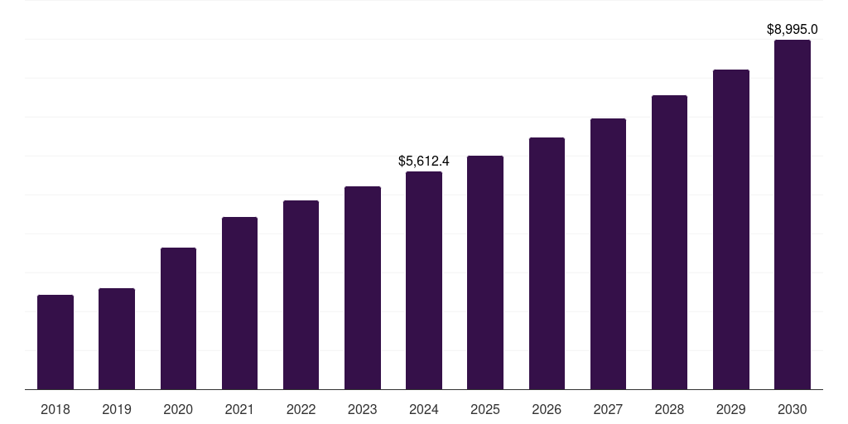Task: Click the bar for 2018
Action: [55, 342]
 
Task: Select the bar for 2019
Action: [117, 339]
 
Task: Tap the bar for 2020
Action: [178, 319]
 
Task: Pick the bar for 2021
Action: [239, 303]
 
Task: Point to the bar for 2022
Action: [301, 295]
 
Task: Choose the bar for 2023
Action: [363, 288]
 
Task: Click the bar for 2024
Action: [424, 281]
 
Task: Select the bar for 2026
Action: [547, 263]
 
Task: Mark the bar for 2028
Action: [669, 243]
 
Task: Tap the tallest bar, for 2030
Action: [793, 214]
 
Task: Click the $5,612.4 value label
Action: [424, 161]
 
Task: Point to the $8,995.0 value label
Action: [793, 29]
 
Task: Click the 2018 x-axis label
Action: [55, 409]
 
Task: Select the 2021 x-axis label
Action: [239, 409]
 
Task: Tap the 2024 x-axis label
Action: [424, 409]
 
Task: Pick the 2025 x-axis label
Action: [485, 409]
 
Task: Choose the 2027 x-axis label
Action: [608, 409]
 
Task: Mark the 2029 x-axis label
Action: [730, 409]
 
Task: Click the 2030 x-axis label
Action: [793, 409]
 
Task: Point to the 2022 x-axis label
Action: [301, 409]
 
